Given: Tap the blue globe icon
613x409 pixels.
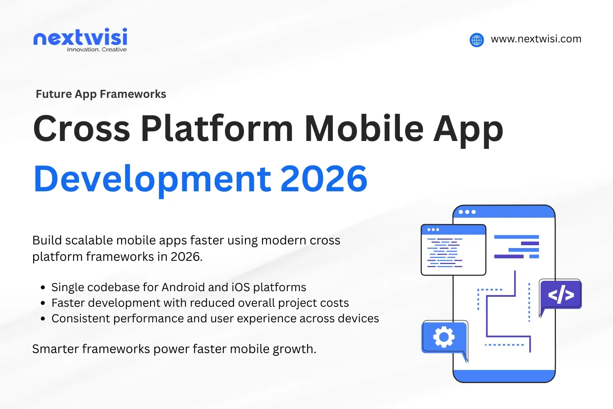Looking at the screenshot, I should (477, 40).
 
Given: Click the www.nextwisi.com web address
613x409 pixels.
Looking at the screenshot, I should (536, 39).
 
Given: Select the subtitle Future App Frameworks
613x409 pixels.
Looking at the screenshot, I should (101, 94).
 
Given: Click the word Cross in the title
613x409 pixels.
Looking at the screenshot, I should (82, 129).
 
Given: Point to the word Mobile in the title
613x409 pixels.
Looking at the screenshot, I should (364, 129).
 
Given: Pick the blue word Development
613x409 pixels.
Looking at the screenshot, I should (152, 179).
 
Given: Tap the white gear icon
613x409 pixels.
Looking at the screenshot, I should (444, 337).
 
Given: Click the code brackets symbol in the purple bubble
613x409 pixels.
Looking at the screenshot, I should (561, 295).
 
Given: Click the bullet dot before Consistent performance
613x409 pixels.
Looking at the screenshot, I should (43, 319).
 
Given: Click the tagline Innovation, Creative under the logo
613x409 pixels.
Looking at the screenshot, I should (97, 50).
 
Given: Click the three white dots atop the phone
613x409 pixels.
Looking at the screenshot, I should (467, 212).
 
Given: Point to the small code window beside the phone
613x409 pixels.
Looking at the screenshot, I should (453, 250).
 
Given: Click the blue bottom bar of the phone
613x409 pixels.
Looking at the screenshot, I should (504, 376).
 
